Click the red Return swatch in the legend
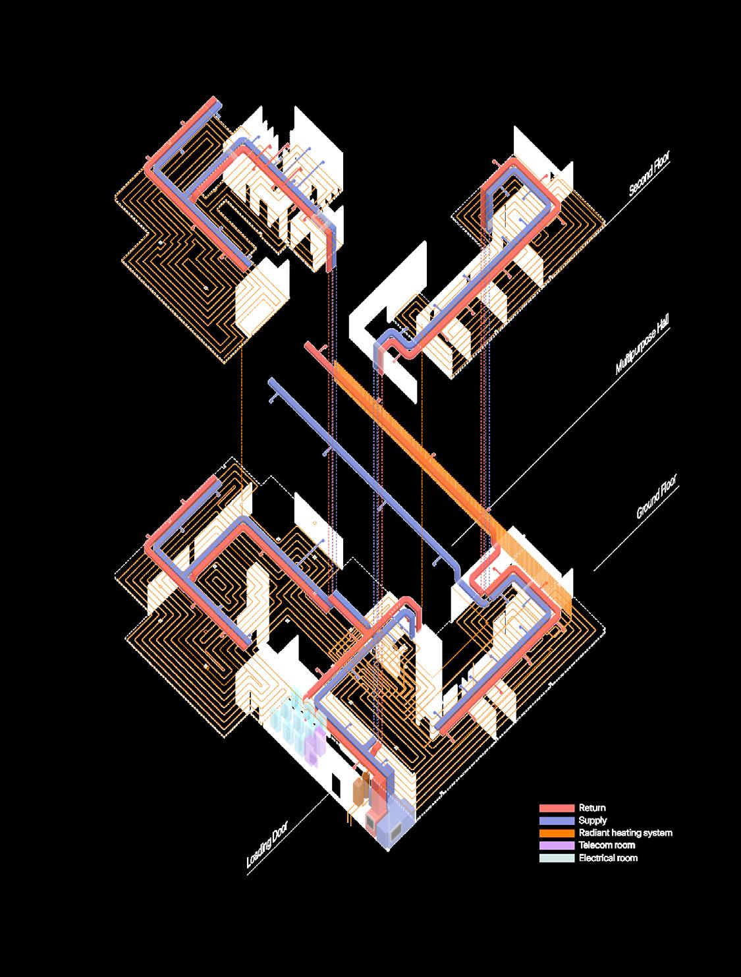pyautogui.click(x=557, y=808)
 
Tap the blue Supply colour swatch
pyautogui.click(x=557, y=820)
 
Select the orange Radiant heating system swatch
pyautogui.click(x=557, y=833)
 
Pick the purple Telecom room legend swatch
pyautogui.click(x=557, y=845)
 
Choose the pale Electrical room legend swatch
pyautogui.click(x=557, y=858)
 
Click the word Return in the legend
pyautogui.click(x=592, y=808)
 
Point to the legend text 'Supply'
pyautogui.click(x=593, y=820)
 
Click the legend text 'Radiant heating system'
pyautogui.click(x=625, y=833)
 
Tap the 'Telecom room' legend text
pyautogui.click(x=607, y=845)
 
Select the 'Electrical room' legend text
pyautogui.click(x=608, y=858)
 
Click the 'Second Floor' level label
pyautogui.click(x=649, y=174)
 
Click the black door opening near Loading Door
pyautogui.click(x=337, y=785)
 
